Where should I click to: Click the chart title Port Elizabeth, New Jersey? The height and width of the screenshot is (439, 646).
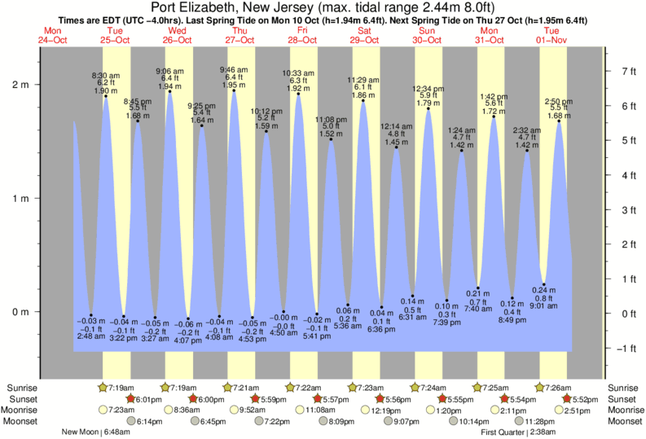[x=323, y=7]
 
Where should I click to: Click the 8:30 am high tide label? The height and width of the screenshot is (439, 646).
[x=104, y=76]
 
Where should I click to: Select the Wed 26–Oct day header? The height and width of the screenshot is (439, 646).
[x=177, y=34]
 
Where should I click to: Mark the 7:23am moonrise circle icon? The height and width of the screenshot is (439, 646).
[x=103, y=410]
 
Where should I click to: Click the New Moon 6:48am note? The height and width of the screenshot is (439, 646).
[x=96, y=432]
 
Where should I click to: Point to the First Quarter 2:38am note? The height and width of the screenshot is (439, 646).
[x=519, y=432]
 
